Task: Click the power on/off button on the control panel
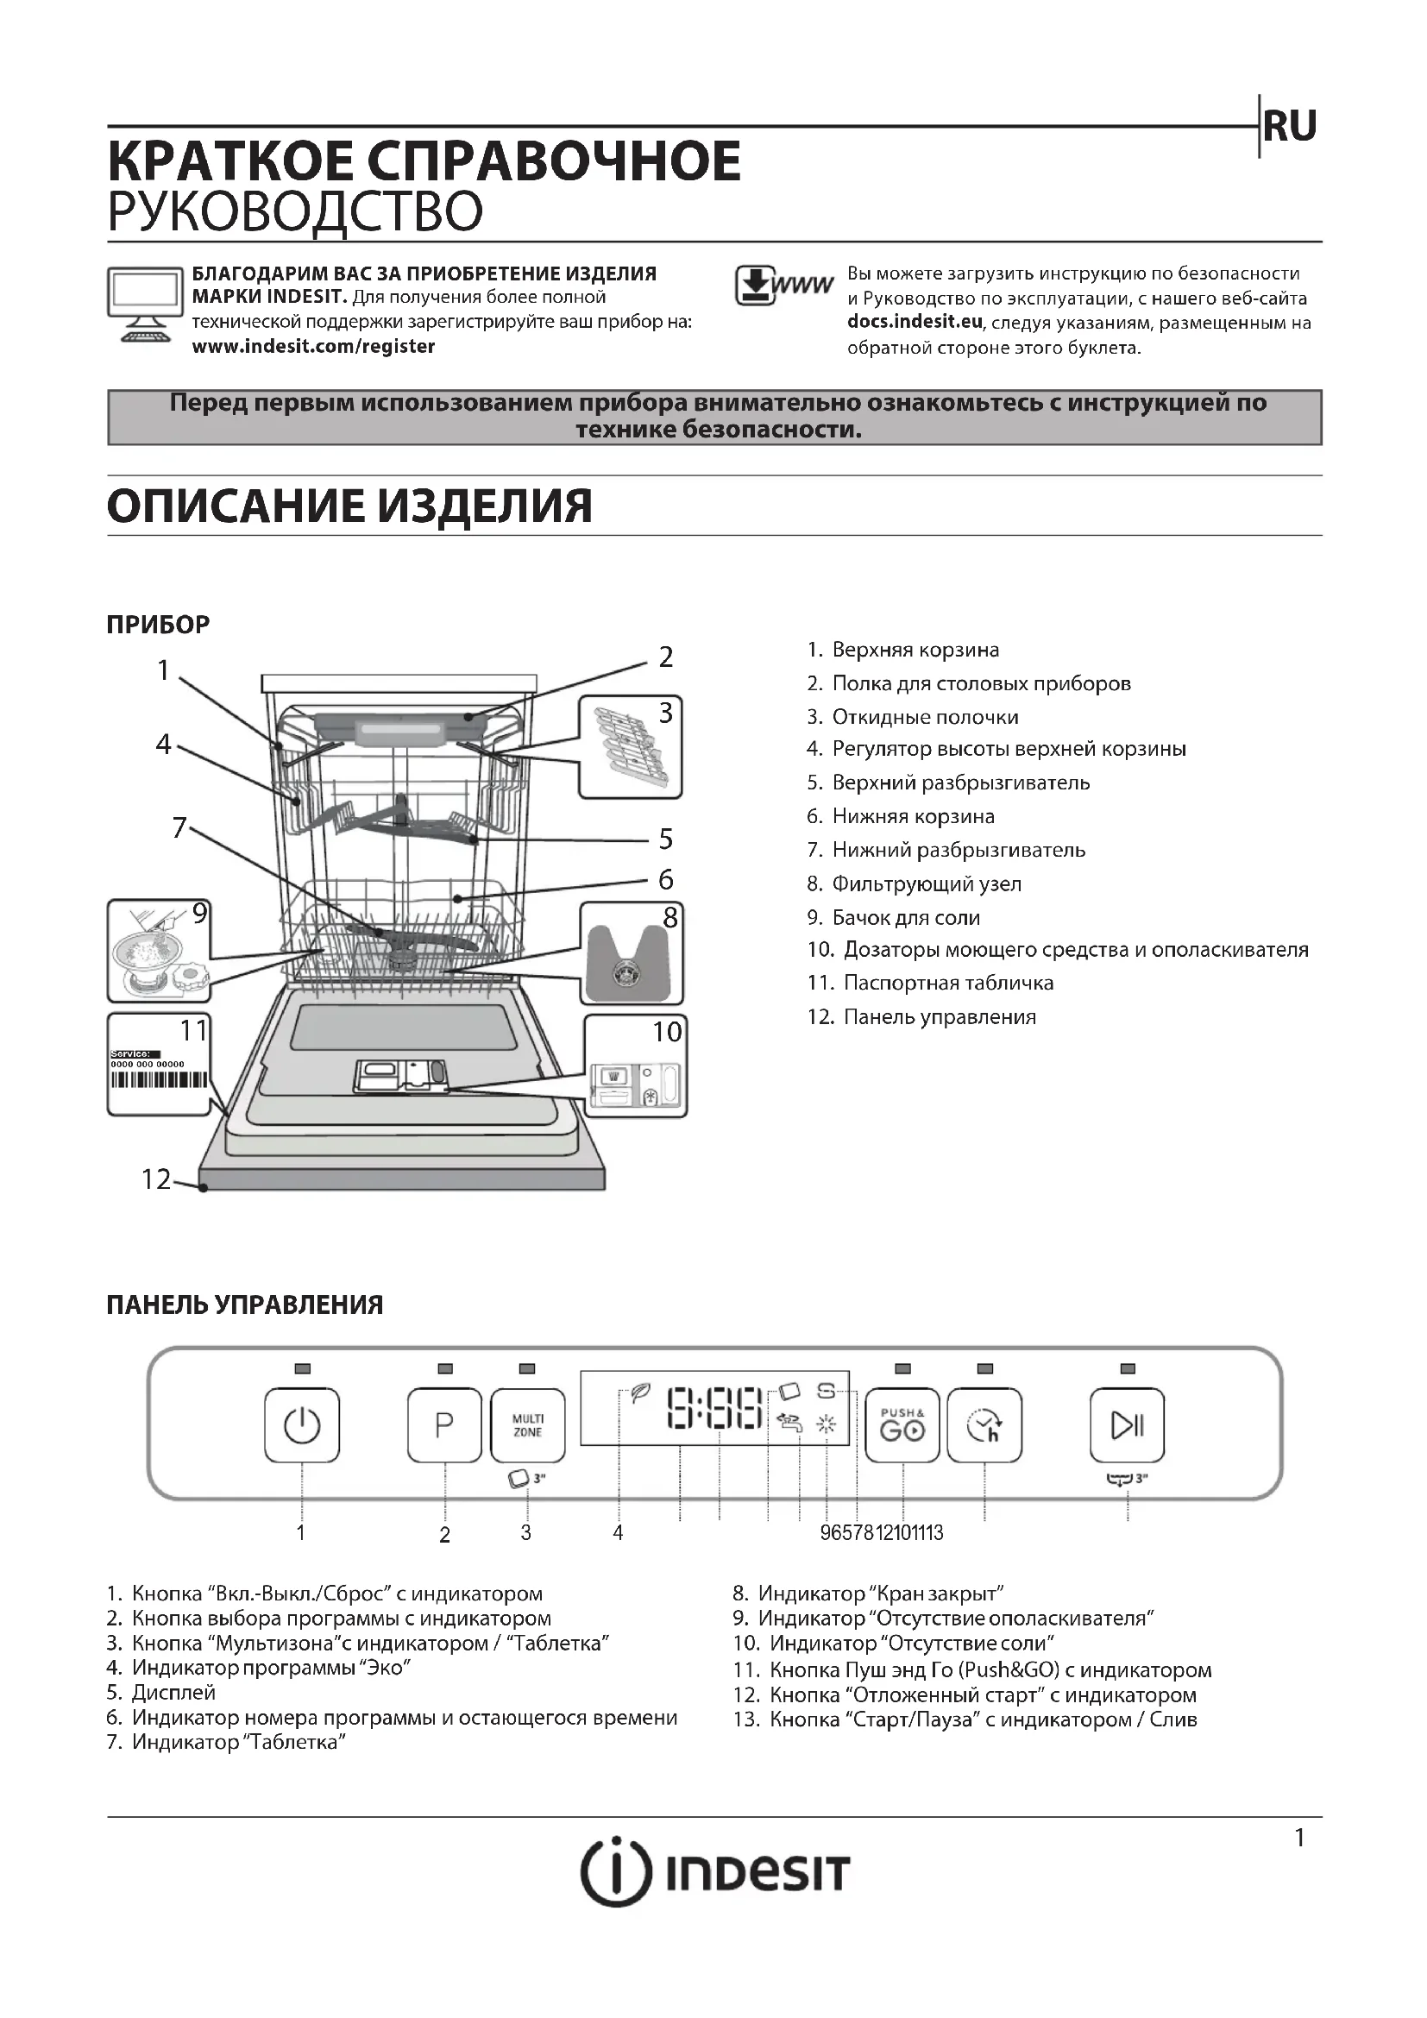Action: point(301,1424)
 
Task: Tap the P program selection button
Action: point(444,1424)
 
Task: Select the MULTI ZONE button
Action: point(527,1424)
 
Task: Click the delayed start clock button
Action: point(984,1424)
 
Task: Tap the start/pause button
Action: point(1127,1424)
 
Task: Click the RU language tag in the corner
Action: point(1289,127)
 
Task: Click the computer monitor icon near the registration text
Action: point(141,304)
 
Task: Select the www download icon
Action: point(782,286)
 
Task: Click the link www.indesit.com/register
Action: point(314,346)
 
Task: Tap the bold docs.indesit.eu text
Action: point(914,322)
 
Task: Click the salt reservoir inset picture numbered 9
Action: point(159,951)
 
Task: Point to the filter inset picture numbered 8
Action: point(631,953)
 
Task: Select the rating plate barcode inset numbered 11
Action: point(159,1065)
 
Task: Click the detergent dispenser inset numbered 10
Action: point(635,1066)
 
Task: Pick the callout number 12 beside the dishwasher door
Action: point(156,1179)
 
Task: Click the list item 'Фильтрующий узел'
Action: point(926,883)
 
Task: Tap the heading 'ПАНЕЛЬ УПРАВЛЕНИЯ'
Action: point(244,1304)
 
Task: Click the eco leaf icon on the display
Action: point(640,1393)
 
